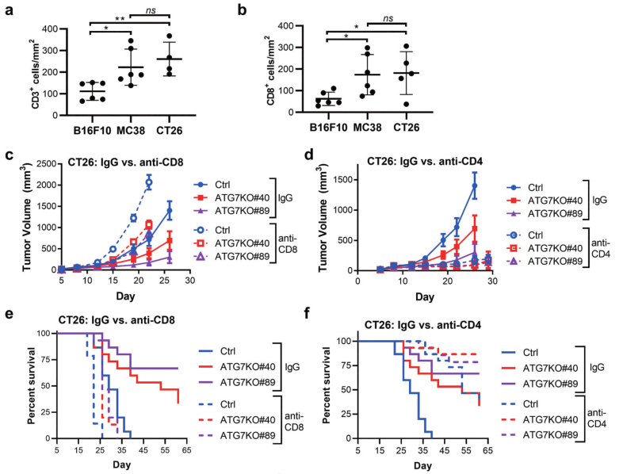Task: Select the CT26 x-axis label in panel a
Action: pos(169,128)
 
